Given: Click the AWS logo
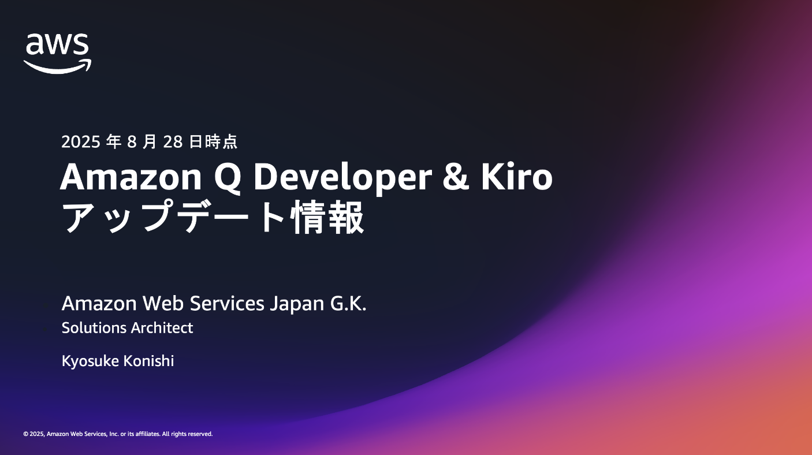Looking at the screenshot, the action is pos(57,54).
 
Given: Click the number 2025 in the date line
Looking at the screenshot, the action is pos(80,142).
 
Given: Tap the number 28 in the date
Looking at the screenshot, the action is pos(173,142).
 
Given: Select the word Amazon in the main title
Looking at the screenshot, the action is pos(131,177).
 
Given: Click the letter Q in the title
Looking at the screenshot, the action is pos(228,177).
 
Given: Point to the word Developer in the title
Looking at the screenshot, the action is pos(343,178).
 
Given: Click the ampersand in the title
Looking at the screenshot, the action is pos(456,177).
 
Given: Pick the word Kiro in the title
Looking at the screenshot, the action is pos(517,176).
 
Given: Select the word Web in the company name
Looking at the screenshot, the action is pos(163,303).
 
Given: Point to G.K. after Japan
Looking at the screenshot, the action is pos(348,303).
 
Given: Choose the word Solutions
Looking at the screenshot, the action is pos(94,328).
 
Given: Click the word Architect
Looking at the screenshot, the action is pos(162,328).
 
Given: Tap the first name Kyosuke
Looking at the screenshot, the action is pos(90,361).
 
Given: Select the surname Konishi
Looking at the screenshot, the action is pos(148,361).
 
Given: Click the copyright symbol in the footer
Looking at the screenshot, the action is pos(26,434).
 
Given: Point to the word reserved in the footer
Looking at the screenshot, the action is pos(199,434).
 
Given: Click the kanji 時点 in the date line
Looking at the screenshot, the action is pos(221,142).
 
